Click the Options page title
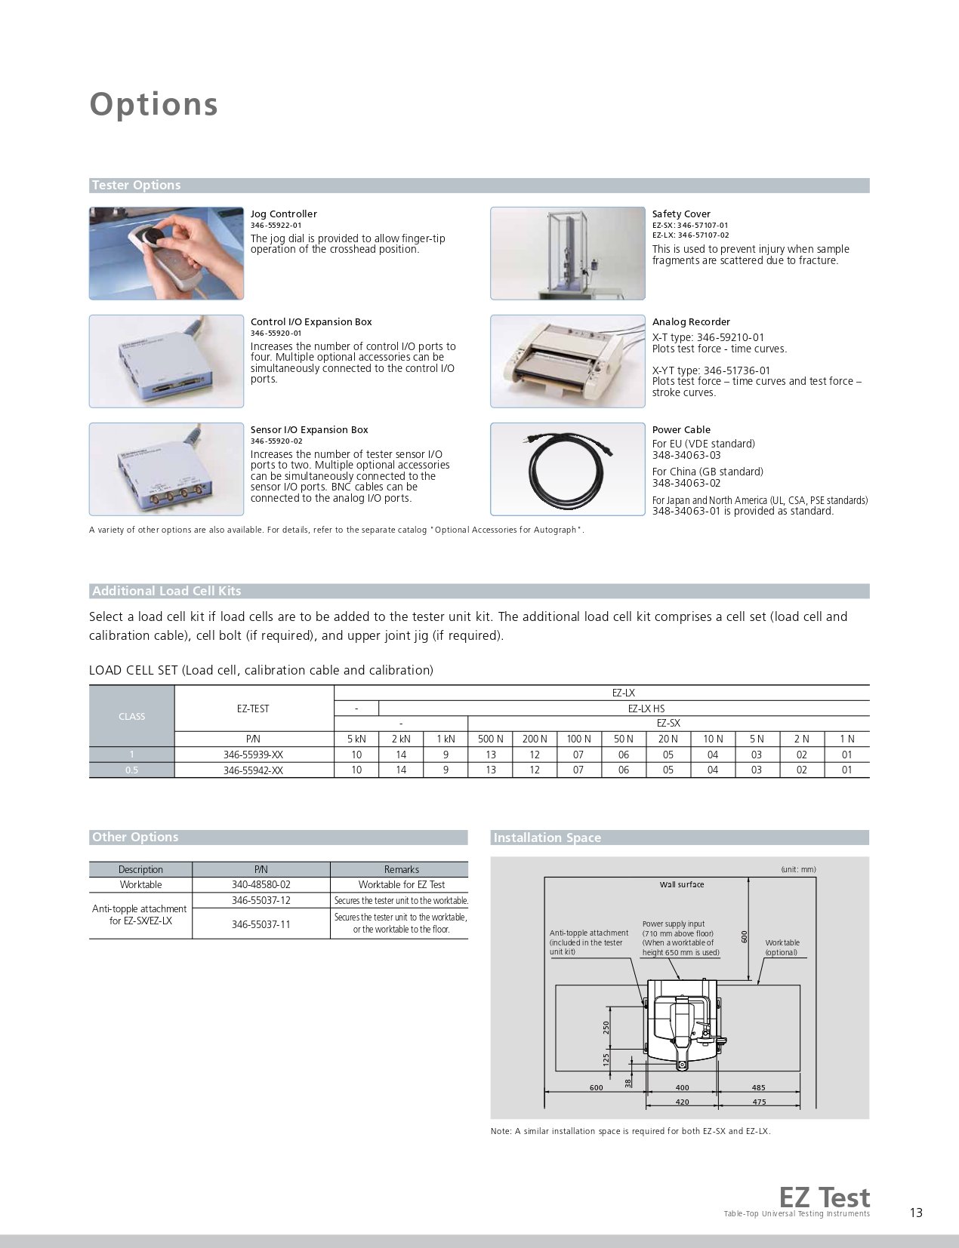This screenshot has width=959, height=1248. pyautogui.click(x=154, y=104)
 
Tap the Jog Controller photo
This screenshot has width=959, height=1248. pyautogui.click(x=166, y=253)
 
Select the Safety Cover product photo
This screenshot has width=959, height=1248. pyautogui.click(x=567, y=253)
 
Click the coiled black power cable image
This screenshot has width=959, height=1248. pyautogui.click(x=567, y=469)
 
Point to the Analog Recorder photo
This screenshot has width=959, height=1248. pyautogui.click(x=567, y=361)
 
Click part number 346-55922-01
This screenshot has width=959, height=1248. pyautogui.click(x=276, y=226)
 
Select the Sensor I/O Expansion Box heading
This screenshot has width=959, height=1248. pyautogui.click(x=309, y=430)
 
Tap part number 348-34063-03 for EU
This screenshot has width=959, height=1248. pyautogui.click(x=686, y=455)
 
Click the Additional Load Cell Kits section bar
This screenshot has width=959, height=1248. pyautogui.click(x=479, y=592)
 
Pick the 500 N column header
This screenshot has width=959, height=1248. pyautogui.click(x=491, y=739)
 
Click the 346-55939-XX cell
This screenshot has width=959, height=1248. pyautogui.click(x=253, y=755)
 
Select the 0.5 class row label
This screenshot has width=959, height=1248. pyautogui.click(x=131, y=770)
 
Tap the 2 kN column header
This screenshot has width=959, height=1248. pyautogui.click(x=401, y=739)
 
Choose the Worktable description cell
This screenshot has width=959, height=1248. pyautogui.click(x=140, y=884)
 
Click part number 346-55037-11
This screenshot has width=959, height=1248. pyautogui.click(x=261, y=924)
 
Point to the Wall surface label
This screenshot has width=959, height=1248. pyautogui.click(x=681, y=884)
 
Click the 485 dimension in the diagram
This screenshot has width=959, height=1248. pyautogui.click(x=758, y=1087)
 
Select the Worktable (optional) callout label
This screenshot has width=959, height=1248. pyautogui.click(x=782, y=947)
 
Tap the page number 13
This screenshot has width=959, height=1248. pyautogui.click(x=916, y=1213)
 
